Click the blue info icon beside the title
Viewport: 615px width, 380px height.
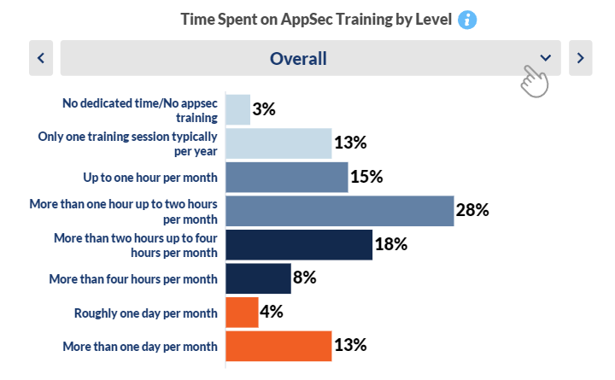(x=467, y=20)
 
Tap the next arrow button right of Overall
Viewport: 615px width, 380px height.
(x=581, y=58)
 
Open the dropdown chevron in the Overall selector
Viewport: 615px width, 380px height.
(x=545, y=58)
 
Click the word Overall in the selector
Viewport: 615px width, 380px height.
(x=298, y=59)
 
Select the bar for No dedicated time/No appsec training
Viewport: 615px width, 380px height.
(x=238, y=110)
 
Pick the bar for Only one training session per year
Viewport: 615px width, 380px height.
(x=278, y=143)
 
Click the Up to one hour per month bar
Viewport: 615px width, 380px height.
(x=287, y=178)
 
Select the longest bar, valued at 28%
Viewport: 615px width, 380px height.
(x=340, y=211)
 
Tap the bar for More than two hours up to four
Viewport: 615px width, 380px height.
(x=299, y=245)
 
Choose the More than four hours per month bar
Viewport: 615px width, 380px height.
(x=259, y=278)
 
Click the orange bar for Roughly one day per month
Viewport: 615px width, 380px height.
(x=242, y=313)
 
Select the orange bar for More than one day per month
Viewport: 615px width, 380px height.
(x=278, y=346)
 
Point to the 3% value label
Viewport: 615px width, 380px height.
(x=264, y=109)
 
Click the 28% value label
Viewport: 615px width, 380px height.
(x=472, y=210)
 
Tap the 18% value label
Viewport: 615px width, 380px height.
(x=391, y=244)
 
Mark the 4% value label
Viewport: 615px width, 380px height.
(x=272, y=312)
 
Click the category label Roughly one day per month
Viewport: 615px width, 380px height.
(x=146, y=313)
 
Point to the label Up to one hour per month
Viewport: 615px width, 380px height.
(x=150, y=178)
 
